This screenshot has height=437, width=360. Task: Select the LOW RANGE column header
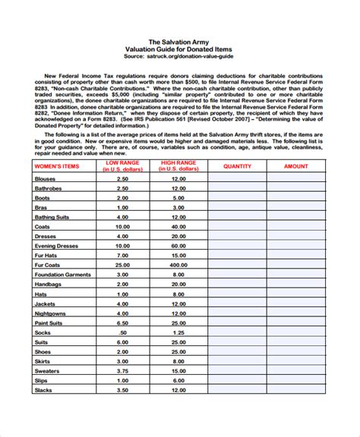(x=122, y=166)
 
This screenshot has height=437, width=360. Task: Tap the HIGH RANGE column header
(x=178, y=166)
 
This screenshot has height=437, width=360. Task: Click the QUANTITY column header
(x=236, y=166)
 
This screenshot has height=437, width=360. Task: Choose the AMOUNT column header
(x=296, y=166)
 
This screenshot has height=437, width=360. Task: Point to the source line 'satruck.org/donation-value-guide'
(x=196, y=55)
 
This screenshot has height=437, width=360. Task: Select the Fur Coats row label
(x=50, y=265)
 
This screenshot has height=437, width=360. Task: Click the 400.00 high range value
(x=178, y=265)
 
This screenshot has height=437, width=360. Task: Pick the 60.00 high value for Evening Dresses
(x=178, y=245)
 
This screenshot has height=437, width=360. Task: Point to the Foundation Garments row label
(x=64, y=275)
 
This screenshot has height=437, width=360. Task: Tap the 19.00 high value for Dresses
(x=178, y=235)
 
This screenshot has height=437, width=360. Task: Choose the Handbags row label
(x=49, y=284)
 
